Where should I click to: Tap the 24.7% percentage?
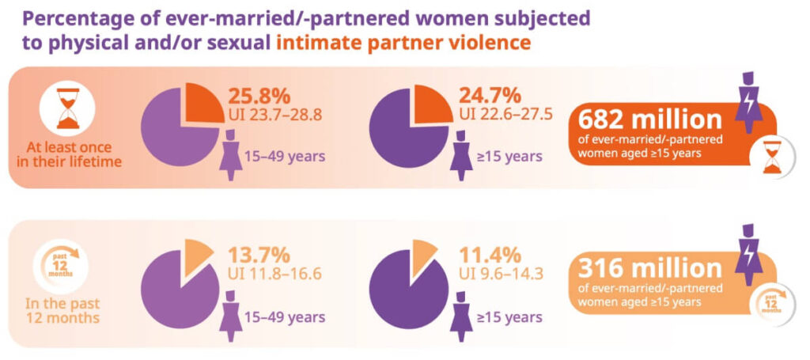point(490,96)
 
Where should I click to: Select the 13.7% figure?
point(259,255)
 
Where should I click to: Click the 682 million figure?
point(649,120)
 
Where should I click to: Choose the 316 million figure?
point(649,268)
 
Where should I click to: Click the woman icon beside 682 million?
point(746,101)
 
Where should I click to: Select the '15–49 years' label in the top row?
point(290,157)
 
